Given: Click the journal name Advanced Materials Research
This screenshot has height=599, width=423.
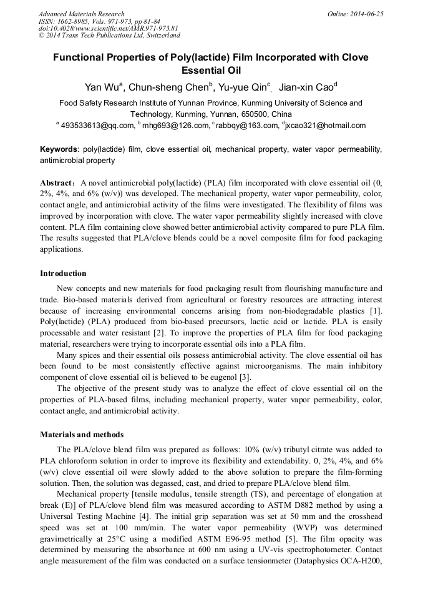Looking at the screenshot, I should tap(81, 14).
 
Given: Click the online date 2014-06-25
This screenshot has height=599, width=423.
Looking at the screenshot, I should tap(368, 14).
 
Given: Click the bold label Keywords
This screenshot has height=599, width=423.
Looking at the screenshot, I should tap(59, 150).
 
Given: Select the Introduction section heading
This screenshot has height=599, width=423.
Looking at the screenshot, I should tap(63, 274).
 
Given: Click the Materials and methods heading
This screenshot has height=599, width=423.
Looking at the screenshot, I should tap(82, 435).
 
